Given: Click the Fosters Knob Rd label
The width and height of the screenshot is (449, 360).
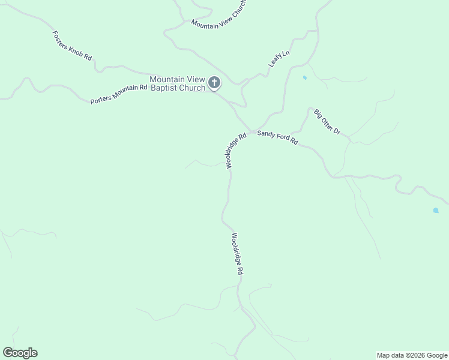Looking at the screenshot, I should pos(72,46).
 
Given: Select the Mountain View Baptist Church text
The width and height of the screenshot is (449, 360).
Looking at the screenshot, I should pos(177,83).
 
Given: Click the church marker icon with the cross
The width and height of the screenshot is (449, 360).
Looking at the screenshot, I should pos(214,83).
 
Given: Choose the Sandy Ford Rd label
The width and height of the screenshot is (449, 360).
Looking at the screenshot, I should pos(277,137).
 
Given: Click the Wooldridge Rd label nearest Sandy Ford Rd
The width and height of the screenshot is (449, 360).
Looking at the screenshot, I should pos(237,151).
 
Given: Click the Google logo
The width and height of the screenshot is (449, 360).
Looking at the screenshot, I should pos(20,353).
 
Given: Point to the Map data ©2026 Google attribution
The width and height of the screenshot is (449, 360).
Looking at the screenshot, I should pos(412,355).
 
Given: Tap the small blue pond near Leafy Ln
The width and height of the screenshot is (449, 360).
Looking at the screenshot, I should pos(305,78).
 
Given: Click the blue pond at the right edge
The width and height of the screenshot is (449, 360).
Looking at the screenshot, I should pos(436,211).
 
